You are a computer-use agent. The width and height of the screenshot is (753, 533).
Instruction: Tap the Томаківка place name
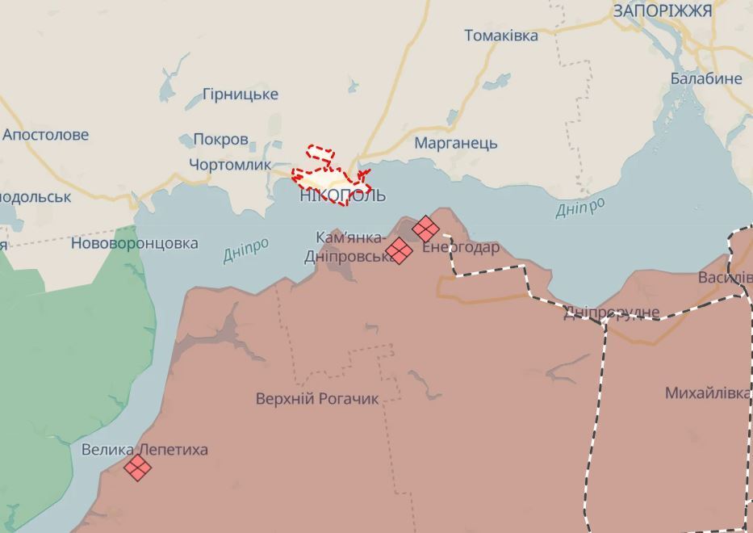[x=501, y=36]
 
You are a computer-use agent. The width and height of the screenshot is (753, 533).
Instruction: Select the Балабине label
[x=706, y=79]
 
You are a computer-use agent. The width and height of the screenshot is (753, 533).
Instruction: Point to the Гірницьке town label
[x=241, y=94]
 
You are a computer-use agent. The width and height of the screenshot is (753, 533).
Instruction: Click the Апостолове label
[x=46, y=135]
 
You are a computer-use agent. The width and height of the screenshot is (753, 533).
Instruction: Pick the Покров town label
[x=220, y=140]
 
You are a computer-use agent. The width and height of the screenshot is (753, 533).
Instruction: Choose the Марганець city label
[x=456, y=144]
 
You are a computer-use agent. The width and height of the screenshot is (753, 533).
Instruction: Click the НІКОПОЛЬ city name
[x=342, y=195]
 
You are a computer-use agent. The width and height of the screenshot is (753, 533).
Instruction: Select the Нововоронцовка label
[x=135, y=243]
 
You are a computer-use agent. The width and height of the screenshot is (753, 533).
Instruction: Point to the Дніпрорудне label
[x=611, y=313]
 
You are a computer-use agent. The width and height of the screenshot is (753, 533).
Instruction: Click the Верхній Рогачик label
[x=317, y=399]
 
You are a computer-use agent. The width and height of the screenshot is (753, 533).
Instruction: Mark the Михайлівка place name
[x=707, y=393]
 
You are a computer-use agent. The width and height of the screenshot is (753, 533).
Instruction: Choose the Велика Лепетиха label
[x=145, y=450]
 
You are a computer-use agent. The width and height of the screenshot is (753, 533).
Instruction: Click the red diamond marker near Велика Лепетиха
[x=138, y=467]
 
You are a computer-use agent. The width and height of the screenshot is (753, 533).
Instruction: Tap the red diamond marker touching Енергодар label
[x=425, y=229]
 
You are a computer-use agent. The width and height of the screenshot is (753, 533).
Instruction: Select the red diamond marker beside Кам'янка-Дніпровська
[x=399, y=250]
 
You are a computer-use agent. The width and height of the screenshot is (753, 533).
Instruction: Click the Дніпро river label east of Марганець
[x=580, y=208]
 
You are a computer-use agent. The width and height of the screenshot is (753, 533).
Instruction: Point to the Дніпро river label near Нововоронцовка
[x=246, y=251]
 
